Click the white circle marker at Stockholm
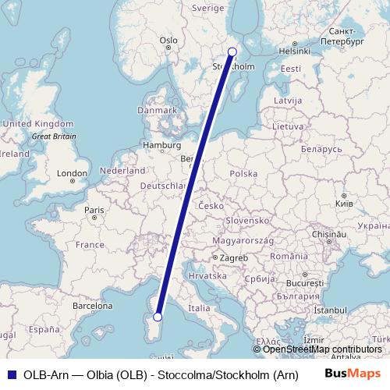coord(232,52)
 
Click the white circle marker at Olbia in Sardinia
coord(158,317)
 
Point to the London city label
coord(72,173)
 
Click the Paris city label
coord(94,210)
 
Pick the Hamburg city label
coord(161,145)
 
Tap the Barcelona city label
coord(92,307)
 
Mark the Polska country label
coord(244,174)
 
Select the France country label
coord(90,245)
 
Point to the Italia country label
coord(199,308)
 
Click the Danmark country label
coord(157,111)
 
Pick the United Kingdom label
coord(37,124)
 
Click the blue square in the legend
coord(9,374)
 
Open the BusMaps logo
coord(352,374)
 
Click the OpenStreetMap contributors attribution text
coord(321,349)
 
